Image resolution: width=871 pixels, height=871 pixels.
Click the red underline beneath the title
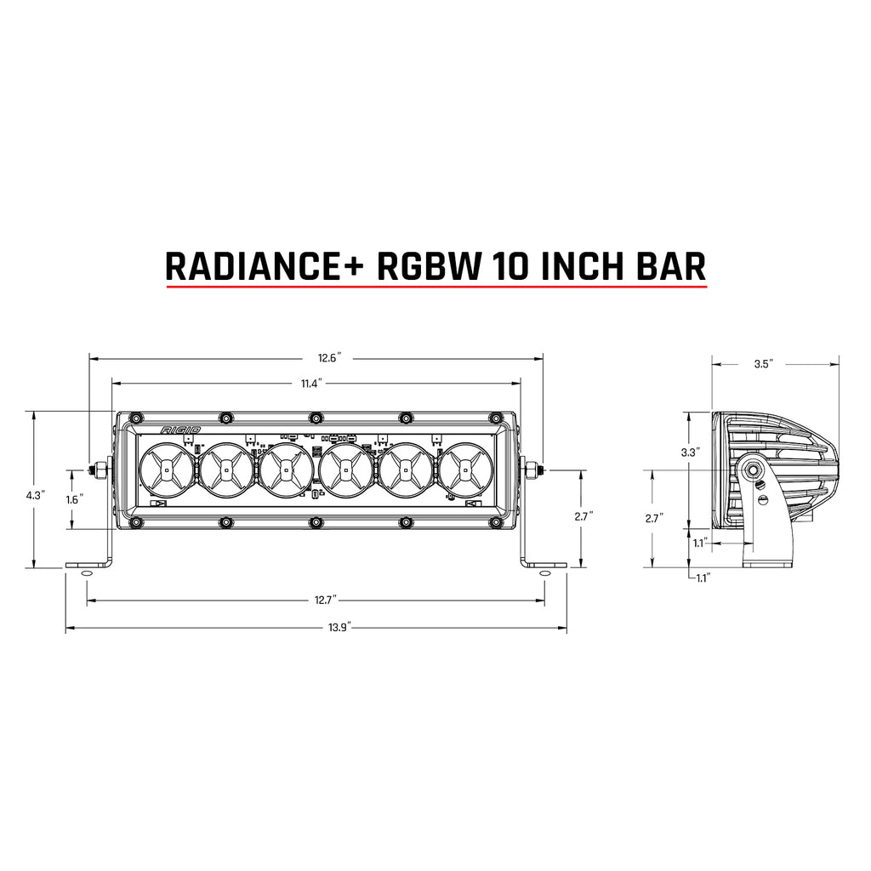435,287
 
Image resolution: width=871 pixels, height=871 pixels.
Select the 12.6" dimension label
327,358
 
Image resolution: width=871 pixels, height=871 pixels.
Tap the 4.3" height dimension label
35,494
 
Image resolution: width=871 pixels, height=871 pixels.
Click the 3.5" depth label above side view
762,364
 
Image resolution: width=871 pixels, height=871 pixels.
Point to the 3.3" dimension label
690,453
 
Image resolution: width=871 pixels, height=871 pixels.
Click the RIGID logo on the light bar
176,430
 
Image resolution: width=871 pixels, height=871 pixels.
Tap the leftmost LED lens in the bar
167,469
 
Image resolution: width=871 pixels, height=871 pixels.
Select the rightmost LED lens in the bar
465,469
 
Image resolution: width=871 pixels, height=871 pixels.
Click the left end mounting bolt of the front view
101,469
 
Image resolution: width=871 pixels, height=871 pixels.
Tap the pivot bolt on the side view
753,470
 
